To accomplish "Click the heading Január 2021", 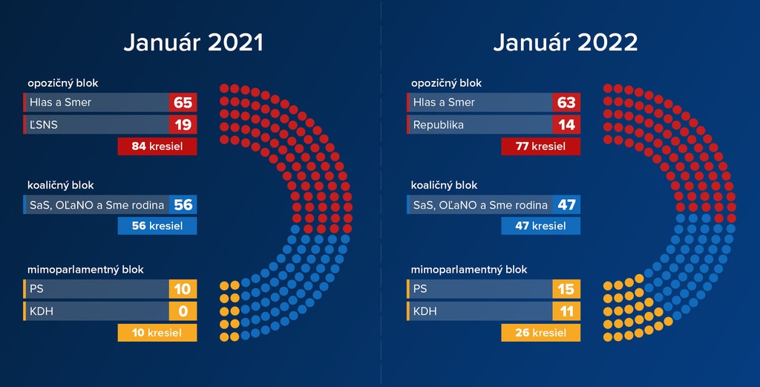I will (x=193, y=43).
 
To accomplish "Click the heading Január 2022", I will (x=566, y=43).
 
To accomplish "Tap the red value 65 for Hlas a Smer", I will (x=183, y=103).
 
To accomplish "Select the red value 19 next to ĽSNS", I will (x=183, y=125).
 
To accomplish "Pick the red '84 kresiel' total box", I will (x=157, y=146).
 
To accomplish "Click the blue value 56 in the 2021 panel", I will (x=183, y=205).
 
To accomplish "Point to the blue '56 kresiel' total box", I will (x=157, y=226).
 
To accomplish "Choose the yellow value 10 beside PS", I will (x=183, y=289).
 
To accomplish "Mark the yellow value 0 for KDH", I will (x=183, y=311).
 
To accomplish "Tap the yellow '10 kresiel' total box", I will (x=157, y=333).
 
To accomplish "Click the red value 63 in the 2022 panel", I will (x=566, y=103).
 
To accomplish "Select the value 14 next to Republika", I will (x=566, y=125).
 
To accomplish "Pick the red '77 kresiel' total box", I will (x=540, y=146).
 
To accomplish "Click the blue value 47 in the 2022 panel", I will (x=566, y=205).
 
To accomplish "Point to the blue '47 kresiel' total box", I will (x=540, y=226).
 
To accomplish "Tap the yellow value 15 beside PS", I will (x=566, y=289).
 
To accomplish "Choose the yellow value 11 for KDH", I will (x=566, y=311).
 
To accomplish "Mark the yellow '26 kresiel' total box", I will (x=540, y=333).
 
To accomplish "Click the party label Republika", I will (x=438, y=125).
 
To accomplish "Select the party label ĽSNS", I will (x=43, y=125).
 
